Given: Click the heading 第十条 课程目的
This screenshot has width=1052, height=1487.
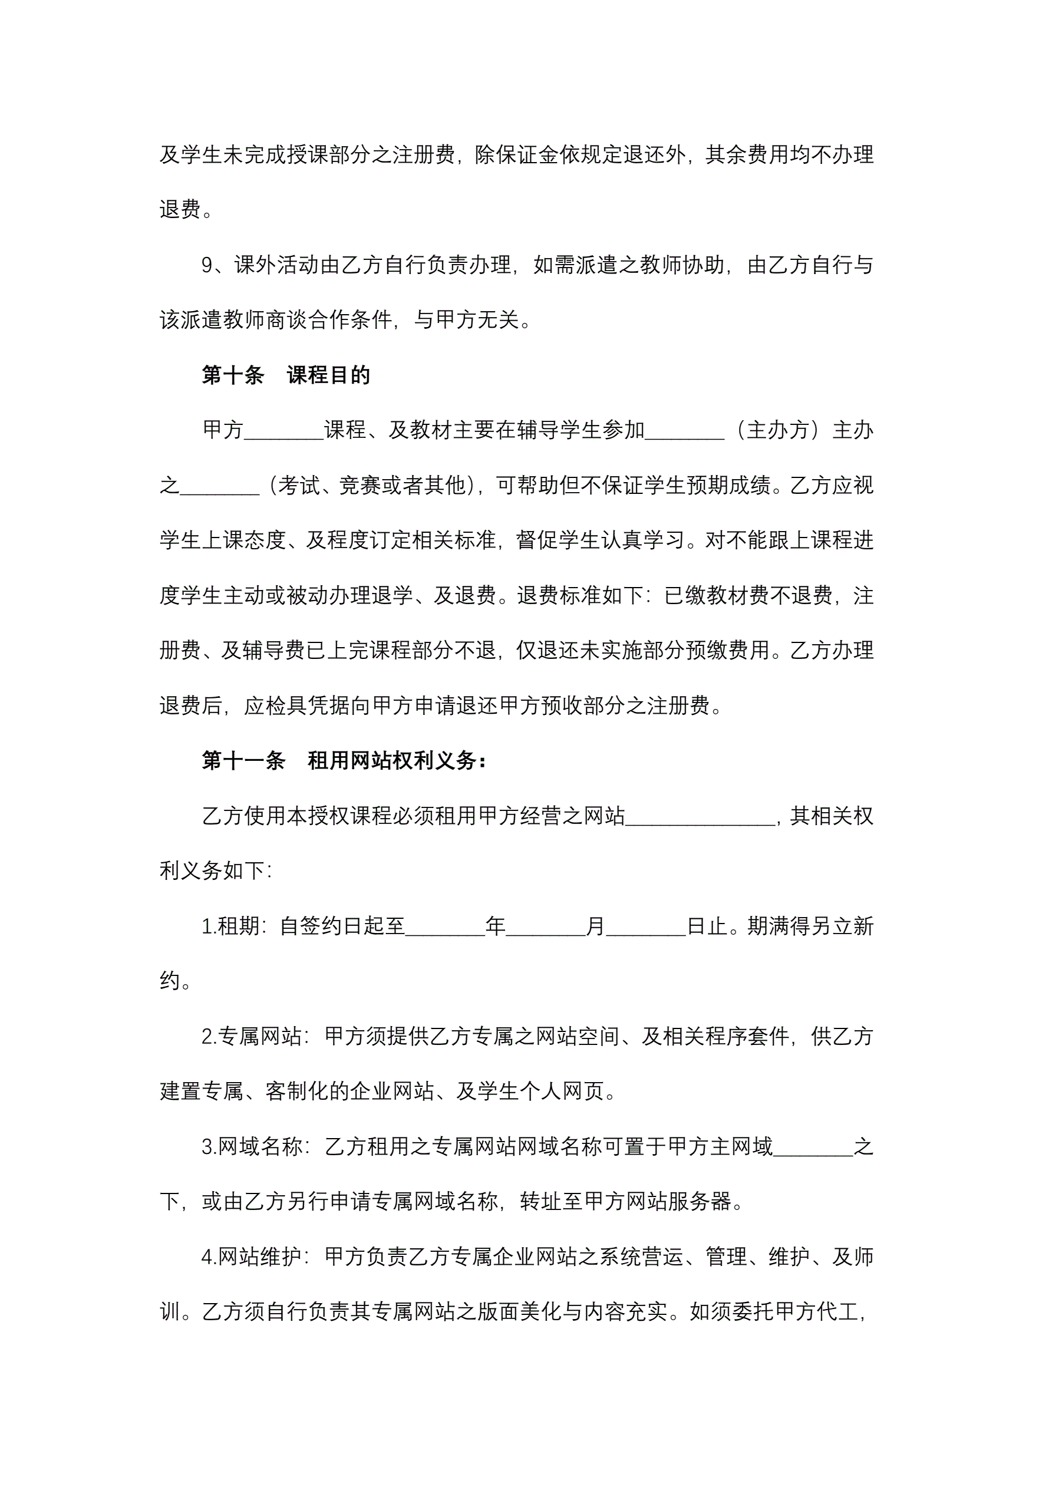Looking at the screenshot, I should (x=286, y=375).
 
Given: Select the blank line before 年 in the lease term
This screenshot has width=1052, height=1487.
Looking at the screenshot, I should (x=445, y=927).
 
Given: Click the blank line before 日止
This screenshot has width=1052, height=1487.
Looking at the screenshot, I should (x=646, y=927).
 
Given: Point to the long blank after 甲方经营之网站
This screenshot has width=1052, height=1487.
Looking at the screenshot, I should (x=700, y=817).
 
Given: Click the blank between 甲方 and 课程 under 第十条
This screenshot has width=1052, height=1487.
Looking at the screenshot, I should (x=283, y=431).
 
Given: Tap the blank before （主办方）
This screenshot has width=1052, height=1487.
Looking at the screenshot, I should (x=685, y=431).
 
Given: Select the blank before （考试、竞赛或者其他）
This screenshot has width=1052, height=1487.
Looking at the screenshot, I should (x=220, y=486).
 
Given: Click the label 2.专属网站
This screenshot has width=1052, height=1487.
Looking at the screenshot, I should (x=252, y=1037).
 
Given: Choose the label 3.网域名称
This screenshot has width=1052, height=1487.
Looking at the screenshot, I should (x=252, y=1147).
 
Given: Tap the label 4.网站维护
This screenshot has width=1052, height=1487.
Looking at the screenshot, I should (x=252, y=1257).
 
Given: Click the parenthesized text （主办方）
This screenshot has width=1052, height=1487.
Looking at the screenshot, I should (x=778, y=430).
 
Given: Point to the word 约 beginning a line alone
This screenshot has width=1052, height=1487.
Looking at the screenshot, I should (x=170, y=982).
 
